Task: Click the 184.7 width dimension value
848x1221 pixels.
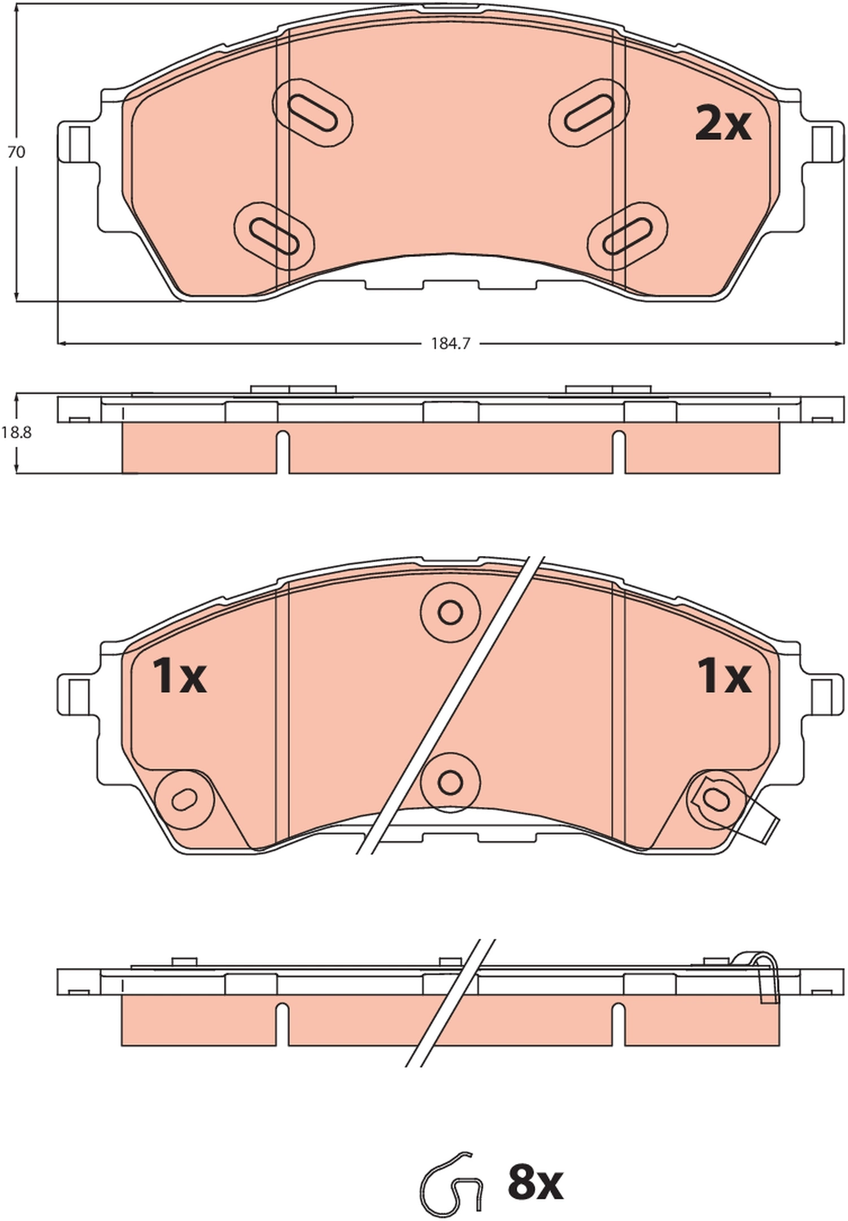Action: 450,344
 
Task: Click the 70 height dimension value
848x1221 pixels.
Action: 16,152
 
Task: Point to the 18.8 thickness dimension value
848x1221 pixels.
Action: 16,433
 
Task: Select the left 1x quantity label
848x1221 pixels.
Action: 179,677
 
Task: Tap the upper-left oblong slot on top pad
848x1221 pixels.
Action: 312,113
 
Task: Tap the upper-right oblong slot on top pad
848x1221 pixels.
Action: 589,113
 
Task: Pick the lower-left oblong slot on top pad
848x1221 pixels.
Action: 274,236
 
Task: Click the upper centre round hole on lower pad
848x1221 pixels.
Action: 450,612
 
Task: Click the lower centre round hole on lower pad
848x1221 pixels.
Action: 450,783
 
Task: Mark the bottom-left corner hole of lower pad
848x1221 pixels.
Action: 184,800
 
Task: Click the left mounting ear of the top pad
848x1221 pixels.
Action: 78,143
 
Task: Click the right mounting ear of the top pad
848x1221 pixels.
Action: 822,143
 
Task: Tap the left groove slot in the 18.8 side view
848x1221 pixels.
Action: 282,451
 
